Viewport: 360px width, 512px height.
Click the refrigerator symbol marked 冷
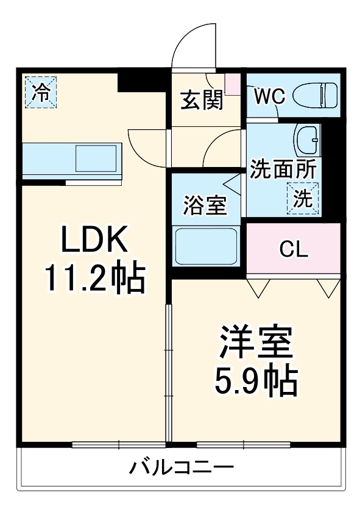pos(41,91)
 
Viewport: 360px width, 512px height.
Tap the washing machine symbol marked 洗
pos(303,199)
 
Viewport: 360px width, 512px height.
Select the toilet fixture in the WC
pos(315,95)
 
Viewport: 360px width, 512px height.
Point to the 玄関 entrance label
pos(201,99)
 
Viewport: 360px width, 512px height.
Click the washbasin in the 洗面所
pos(306,140)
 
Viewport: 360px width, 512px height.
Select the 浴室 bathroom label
pos(205,205)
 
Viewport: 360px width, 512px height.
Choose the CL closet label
pos(294,249)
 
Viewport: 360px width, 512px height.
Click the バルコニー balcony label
pos(181,469)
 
